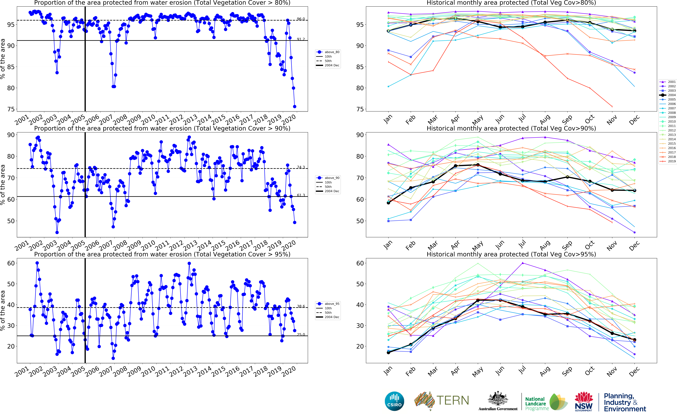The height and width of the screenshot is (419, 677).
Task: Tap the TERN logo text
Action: click(453, 400)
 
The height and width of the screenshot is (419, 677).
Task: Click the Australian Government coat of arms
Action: click(498, 399)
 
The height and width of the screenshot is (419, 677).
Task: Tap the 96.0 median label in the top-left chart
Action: click(301, 19)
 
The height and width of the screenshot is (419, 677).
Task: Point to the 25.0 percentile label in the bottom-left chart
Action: click(301, 334)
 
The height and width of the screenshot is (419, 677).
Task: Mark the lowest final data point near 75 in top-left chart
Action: click(295, 106)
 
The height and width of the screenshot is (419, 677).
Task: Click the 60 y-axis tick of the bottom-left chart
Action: click(11, 263)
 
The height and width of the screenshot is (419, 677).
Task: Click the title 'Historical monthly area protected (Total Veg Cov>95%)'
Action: click(511, 254)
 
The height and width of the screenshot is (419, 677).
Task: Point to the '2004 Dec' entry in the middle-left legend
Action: click(332, 191)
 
